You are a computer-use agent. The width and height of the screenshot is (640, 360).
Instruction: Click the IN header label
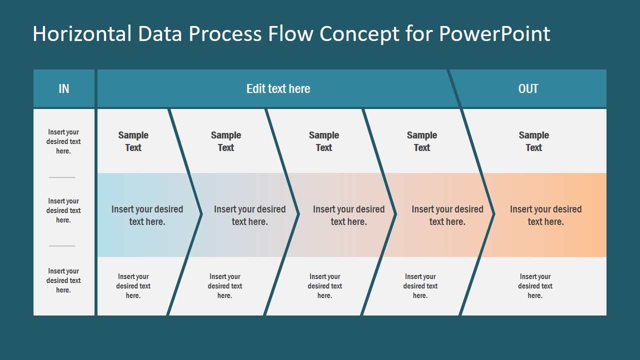point(63,89)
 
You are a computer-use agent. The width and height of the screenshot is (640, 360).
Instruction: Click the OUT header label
point(528,89)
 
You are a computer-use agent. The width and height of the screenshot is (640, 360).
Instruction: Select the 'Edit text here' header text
point(278,89)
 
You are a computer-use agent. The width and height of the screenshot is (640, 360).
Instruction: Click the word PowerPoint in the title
point(494,33)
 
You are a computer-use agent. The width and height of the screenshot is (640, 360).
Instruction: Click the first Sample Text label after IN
point(133,141)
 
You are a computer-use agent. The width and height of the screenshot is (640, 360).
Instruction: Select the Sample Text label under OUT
point(533,141)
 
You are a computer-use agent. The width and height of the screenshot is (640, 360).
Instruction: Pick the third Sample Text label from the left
point(323,141)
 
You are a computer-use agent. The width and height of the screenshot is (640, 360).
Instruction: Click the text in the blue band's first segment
point(147,215)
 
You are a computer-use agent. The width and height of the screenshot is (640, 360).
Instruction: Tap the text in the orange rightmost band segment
point(545,215)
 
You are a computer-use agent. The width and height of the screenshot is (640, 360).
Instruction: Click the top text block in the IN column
point(63,141)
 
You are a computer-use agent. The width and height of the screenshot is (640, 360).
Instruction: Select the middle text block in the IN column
point(63,210)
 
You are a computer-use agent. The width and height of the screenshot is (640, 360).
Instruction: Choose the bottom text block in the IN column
point(63,280)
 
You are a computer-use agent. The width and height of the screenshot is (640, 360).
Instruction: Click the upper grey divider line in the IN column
point(62,177)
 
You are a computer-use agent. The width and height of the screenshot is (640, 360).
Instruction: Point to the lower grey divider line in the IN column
point(62,246)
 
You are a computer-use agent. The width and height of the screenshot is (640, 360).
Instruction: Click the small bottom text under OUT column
point(535,286)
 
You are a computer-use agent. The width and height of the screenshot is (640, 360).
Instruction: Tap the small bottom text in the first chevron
point(133,286)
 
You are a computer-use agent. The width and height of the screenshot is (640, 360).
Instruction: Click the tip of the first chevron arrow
point(201,214)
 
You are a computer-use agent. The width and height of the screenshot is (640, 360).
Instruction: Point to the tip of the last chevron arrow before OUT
point(494,214)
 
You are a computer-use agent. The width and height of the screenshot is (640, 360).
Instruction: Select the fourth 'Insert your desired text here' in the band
point(447,215)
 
